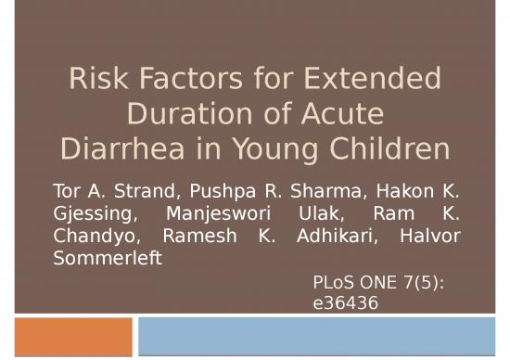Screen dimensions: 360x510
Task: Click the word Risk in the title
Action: point(95,82)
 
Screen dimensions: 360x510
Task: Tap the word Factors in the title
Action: point(195,82)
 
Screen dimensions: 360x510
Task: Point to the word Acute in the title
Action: point(339,115)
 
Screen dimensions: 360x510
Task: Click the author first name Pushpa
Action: point(221,193)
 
